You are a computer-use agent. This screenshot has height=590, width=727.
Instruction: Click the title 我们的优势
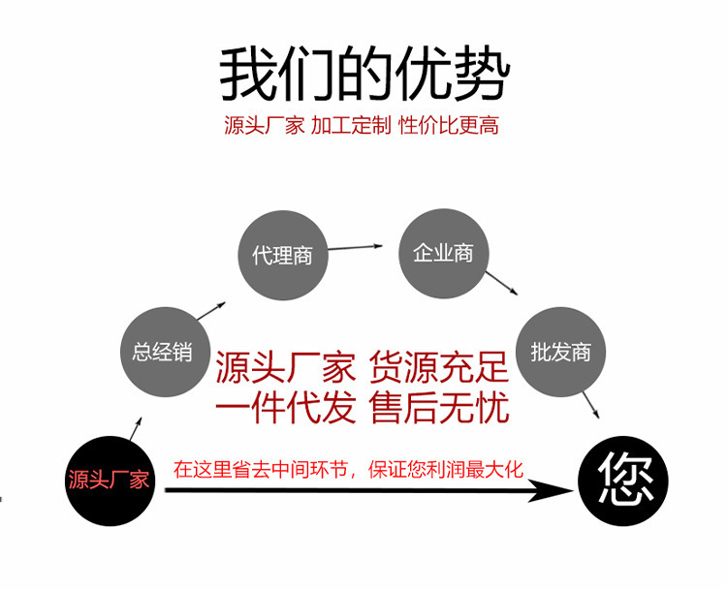363,74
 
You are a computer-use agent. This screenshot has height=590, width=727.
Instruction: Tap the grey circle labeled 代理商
282,256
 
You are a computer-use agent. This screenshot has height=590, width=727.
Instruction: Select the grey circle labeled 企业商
443,253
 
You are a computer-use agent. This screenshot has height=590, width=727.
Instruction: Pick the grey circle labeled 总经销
163,351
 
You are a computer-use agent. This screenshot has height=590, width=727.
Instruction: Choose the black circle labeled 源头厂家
109,479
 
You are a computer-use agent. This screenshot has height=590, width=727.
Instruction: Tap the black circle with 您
623,480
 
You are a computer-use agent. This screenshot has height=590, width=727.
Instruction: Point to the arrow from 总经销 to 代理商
213,310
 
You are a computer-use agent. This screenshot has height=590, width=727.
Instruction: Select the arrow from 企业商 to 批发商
502,283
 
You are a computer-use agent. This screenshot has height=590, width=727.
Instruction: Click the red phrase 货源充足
439,368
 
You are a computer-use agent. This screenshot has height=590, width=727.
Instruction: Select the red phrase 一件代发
285,408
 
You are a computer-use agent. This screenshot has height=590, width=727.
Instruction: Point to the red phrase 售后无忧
439,408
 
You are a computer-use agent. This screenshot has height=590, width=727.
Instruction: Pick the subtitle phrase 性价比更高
449,126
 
